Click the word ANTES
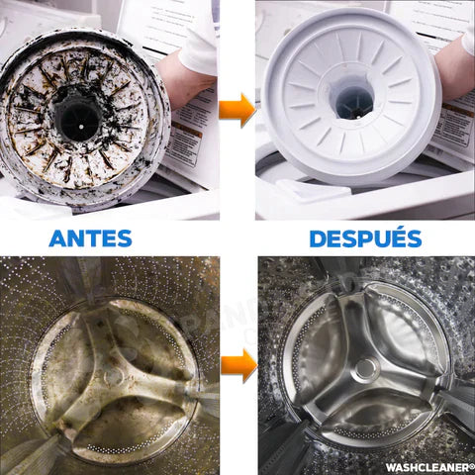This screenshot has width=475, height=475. pyautogui.click(x=90, y=238)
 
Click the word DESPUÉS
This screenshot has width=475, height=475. pyautogui.click(x=365, y=238)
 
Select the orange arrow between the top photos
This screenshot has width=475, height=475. pyautogui.click(x=237, y=109)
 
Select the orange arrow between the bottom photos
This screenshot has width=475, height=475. pyautogui.click(x=238, y=365)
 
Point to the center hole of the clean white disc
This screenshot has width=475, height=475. pyautogui.click(x=353, y=100)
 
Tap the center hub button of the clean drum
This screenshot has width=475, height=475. pyautogui.click(x=366, y=369)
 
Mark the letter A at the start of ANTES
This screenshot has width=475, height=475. pyautogui.click(x=58, y=238)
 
